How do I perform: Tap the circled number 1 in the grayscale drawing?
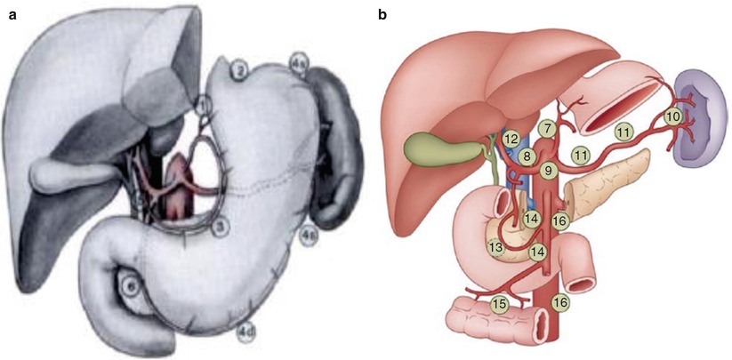click(x=205, y=108)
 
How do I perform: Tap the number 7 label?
click(x=547, y=130)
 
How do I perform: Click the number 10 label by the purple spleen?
click(x=673, y=116)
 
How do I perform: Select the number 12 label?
click(x=510, y=139)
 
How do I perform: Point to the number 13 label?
click(x=495, y=245)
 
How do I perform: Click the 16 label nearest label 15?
click(x=559, y=302)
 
